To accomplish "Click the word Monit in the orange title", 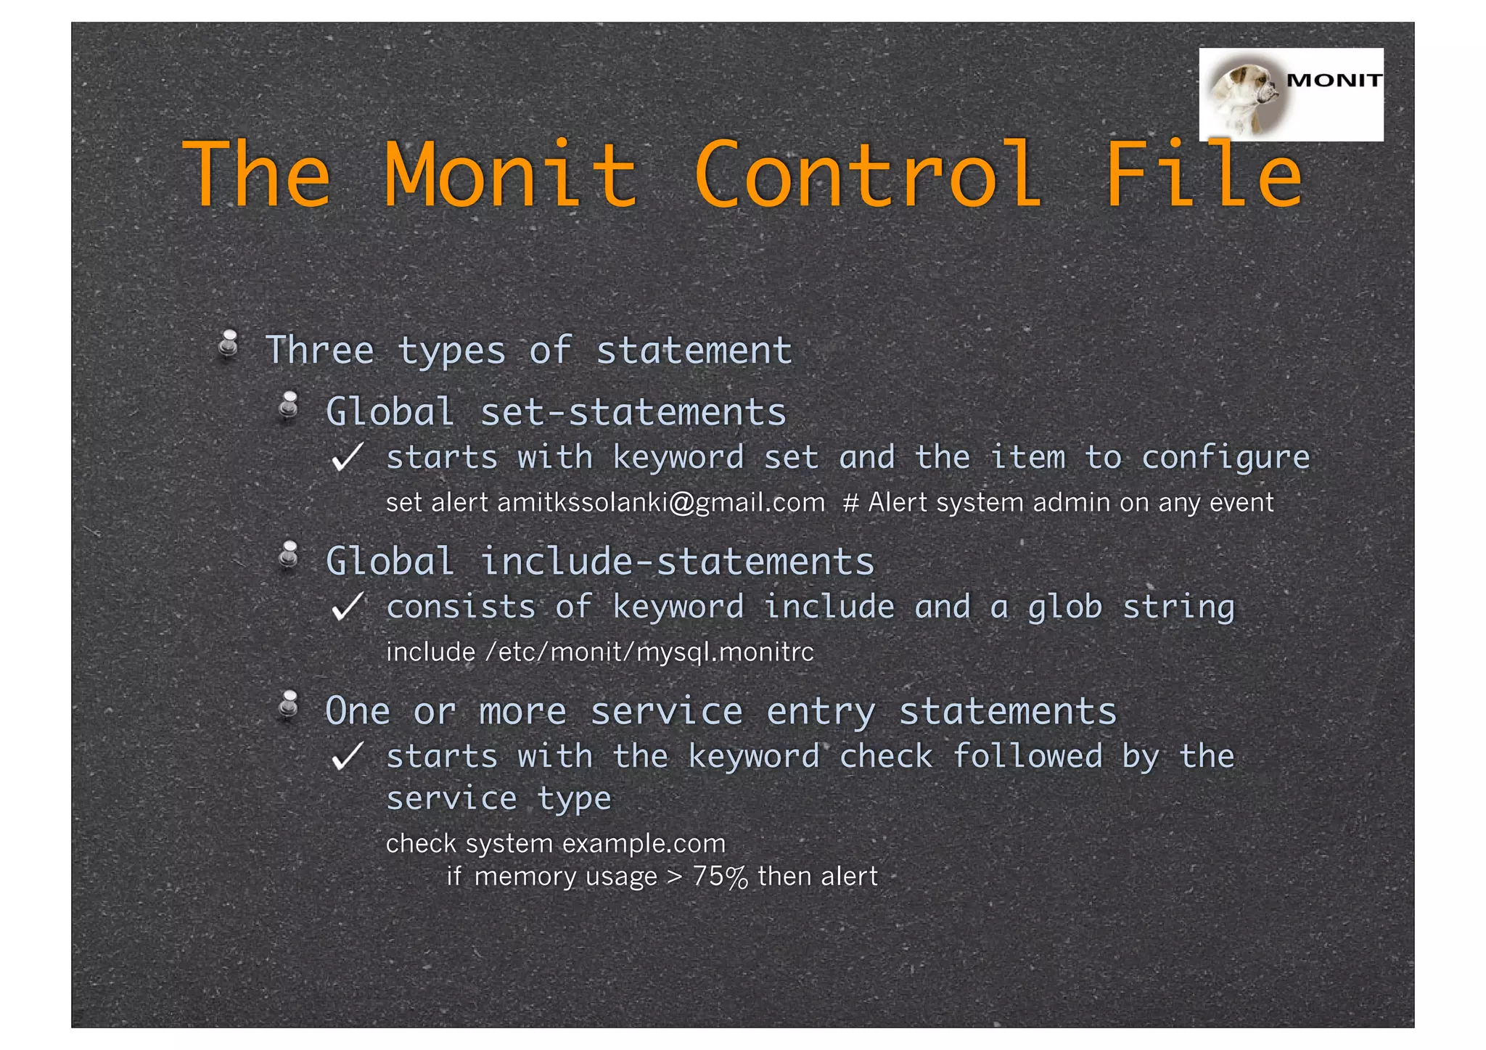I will pyautogui.click(x=510, y=175).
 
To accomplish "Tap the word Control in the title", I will pyautogui.click(x=868, y=175).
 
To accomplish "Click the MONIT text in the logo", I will pyautogui.click(x=1334, y=81).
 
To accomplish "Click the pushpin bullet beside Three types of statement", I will pyautogui.click(x=229, y=344).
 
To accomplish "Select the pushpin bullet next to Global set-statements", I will pyautogui.click(x=290, y=406).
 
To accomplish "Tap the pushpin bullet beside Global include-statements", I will pyautogui.click(x=290, y=556).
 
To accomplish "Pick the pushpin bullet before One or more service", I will pyautogui.click(x=290, y=705).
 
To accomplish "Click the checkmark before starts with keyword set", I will pyautogui.click(x=346, y=458).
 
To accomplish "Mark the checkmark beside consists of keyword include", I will pyautogui.click(x=346, y=607).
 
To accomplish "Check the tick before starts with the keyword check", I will pyautogui.click(x=346, y=757).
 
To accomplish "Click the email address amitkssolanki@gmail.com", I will pyautogui.click(x=661, y=503).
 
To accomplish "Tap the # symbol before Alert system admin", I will pyautogui.click(x=850, y=503).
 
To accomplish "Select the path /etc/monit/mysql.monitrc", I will pyautogui.click(x=649, y=652).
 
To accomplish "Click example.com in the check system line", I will pyautogui.click(x=644, y=844).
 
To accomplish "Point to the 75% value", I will pyautogui.click(x=720, y=877).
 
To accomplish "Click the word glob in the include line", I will pyautogui.click(x=1064, y=607).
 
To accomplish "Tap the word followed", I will pyautogui.click(x=1027, y=757).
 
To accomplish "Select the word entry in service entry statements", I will pyautogui.click(x=821, y=712).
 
